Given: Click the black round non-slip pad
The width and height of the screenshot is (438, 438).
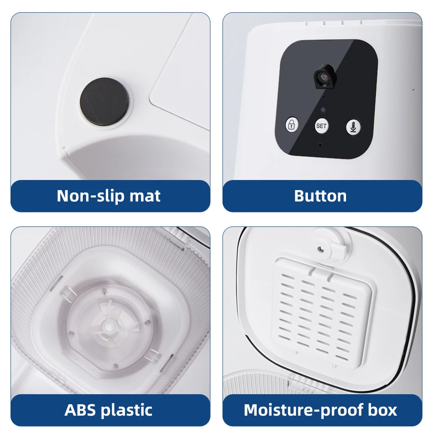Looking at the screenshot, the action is tap(104, 102).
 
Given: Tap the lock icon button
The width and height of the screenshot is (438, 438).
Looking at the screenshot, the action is tap(292, 124).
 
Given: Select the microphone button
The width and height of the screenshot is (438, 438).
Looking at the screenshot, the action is tap(353, 127).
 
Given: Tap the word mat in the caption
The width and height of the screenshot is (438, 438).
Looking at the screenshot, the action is tap(145, 196).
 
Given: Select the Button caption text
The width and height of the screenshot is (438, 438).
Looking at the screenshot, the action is tap(321, 196).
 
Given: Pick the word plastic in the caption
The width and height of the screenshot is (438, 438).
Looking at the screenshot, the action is tap(127, 410).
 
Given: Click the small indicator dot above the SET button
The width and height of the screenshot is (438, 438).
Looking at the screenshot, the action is tap(323, 110).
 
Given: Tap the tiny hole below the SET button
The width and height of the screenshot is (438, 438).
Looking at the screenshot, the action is tap(320, 145).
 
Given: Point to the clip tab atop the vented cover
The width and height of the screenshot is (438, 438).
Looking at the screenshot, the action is tap(323, 268).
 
